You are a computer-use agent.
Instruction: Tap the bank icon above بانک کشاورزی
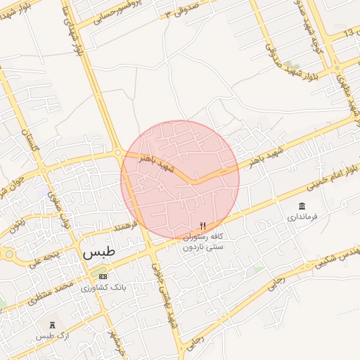[x=103, y=276]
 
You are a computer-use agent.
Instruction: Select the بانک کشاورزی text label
[x=98, y=288]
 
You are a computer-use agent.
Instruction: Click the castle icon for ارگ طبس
[x=51, y=326]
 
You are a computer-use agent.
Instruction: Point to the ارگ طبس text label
[x=51, y=337]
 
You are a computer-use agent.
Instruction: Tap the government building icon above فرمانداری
[x=302, y=206]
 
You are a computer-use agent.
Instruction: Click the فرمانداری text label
[x=302, y=217]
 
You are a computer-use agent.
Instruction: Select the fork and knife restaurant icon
[x=203, y=226]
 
